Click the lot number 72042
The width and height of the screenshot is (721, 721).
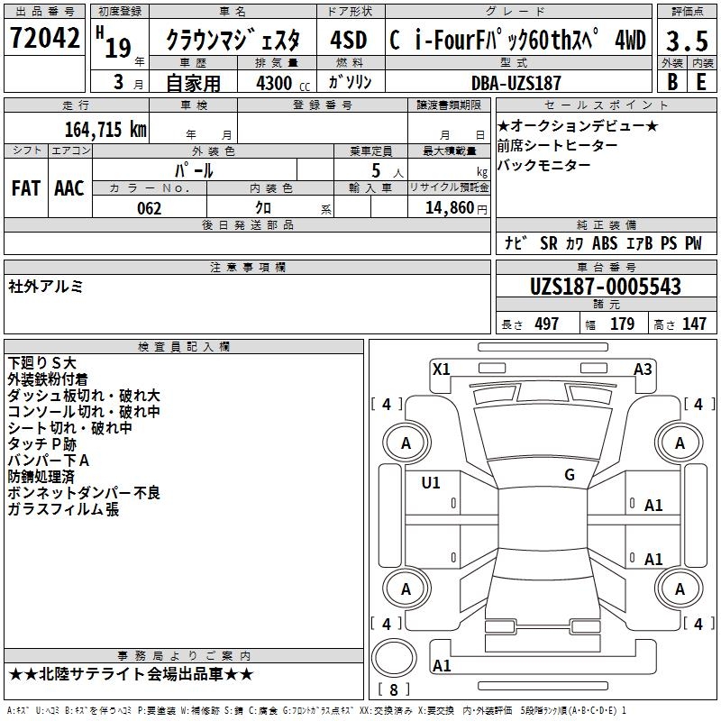tap(45, 39)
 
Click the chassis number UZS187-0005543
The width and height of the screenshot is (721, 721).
tap(605, 287)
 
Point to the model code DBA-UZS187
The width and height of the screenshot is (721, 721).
tap(516, 83)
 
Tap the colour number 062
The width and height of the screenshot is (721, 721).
tap(149, 208)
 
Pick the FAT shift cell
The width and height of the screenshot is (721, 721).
tap(26, 188)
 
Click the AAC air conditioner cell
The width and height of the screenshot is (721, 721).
tap(69, 188)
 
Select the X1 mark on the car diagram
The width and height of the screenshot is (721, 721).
tap(442, 369)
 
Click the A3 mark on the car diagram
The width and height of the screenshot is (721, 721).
tap(643, 369)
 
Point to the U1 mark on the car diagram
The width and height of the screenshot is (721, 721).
tap(431, 483)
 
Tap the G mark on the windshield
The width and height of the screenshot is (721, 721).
tap(570, 475)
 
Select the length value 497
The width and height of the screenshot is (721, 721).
tap(546, 324)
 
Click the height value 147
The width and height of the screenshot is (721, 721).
tap(694, 324)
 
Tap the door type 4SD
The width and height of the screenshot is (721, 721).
tap(349, 40)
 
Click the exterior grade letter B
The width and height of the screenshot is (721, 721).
tap(671, 83)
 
